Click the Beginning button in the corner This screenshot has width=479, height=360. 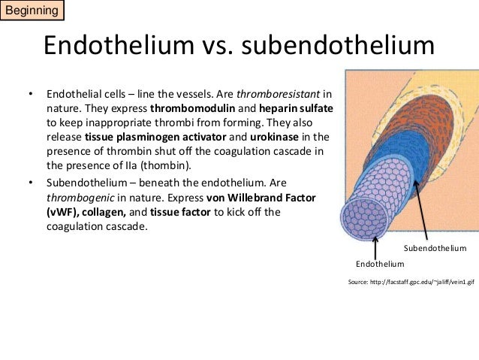32,12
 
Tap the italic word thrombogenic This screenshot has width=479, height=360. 78,198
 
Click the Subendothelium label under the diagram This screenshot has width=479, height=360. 435,248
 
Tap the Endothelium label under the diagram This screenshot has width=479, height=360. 380,264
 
